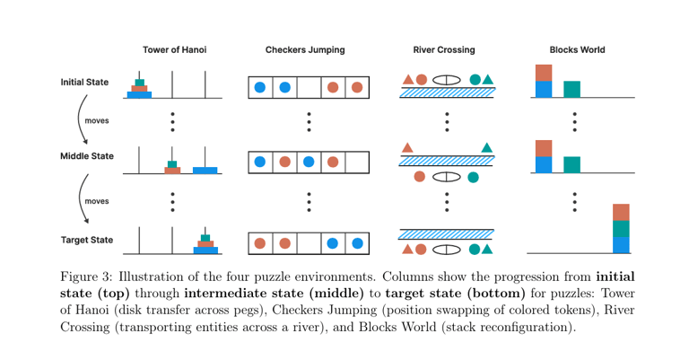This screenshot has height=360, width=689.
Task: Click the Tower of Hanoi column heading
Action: point(174,49)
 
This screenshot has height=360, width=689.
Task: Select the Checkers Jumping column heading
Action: point(305,49)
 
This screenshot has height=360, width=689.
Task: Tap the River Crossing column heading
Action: point(444,49)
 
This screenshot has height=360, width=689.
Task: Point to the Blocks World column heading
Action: point(577,49)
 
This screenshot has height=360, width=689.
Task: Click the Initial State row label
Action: point(84,83)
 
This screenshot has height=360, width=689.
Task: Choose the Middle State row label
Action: point(87,156)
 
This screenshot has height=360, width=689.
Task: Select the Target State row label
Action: point(87,240)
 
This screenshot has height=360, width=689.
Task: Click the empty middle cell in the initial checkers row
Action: point(309,88)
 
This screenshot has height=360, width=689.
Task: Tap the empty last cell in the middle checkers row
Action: point(357,162)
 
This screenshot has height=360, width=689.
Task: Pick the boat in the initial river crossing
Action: point(447,80)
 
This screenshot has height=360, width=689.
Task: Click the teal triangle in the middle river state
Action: point(487,147)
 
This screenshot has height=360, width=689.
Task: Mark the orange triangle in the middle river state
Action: point(407,147)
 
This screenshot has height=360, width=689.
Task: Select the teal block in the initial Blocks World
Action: point(571,89)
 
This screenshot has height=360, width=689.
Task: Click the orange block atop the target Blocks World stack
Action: point(621,213)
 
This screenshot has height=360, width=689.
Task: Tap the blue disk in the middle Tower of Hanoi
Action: point(205,170)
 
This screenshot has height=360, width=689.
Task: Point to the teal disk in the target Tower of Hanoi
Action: point(205,238)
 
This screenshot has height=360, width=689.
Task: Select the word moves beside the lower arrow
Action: point(97,201)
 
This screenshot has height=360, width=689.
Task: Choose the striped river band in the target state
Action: point(447,233)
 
